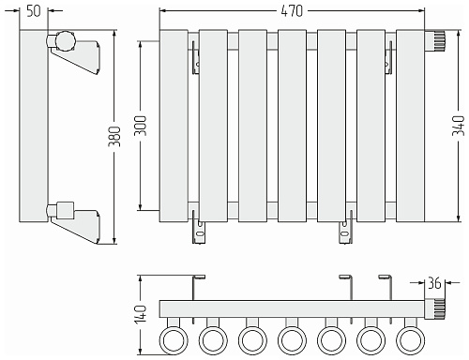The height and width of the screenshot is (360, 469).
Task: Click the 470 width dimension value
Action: coord(292,11)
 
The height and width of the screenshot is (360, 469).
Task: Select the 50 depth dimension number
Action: coord(34,11)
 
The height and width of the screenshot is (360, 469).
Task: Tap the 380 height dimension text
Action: coord(114,136)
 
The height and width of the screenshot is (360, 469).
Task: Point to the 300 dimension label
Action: coord(140,126)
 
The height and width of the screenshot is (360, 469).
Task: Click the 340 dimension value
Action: coord(458,126)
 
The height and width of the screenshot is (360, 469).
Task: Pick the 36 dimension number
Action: coord(434,283)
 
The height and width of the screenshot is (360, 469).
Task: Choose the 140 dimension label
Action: coord(140,314)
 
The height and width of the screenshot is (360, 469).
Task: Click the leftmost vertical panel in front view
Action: coord(174,126)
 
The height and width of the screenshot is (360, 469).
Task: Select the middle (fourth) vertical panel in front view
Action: coord(292,126)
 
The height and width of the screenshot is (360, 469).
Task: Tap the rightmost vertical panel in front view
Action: coord(410,126)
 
